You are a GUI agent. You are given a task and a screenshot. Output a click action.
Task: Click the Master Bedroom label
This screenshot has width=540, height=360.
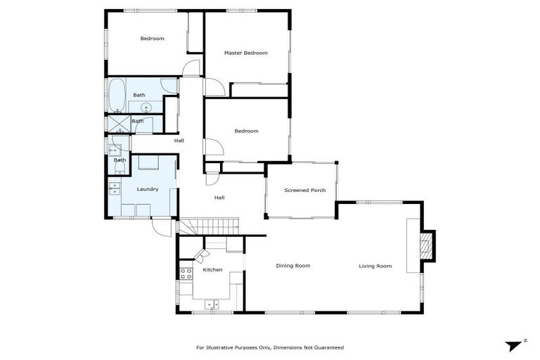[x=245, y=53]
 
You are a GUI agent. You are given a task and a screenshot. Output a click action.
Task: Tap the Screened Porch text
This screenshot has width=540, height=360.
[x=304, y=190]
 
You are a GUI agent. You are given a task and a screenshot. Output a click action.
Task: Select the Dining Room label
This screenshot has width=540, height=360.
[x=292, y=266]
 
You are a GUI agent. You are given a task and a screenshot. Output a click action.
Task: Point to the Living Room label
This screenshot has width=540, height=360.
[x=375, y=266]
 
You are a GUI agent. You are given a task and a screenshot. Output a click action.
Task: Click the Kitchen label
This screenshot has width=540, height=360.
[x=212, y=270]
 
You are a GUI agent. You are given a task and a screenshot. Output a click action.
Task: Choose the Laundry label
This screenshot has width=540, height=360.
[x=147, y=189]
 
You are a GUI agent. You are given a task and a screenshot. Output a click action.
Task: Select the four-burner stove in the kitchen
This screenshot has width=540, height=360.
[x=186, y=273]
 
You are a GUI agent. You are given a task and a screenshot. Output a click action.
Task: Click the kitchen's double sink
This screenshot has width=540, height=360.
[x=212, y=304]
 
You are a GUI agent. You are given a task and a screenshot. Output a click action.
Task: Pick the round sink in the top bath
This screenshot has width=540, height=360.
[x=146, y=108]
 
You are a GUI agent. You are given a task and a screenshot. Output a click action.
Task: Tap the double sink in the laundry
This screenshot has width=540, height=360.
[x=114, y=188]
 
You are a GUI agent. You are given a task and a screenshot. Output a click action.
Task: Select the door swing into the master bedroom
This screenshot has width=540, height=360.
[x=216, y=87]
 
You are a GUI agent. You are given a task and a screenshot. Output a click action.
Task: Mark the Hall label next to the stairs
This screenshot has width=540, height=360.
[x=219, y=198]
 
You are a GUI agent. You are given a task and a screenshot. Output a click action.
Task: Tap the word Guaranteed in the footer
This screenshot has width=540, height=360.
[x=328, y=347]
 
